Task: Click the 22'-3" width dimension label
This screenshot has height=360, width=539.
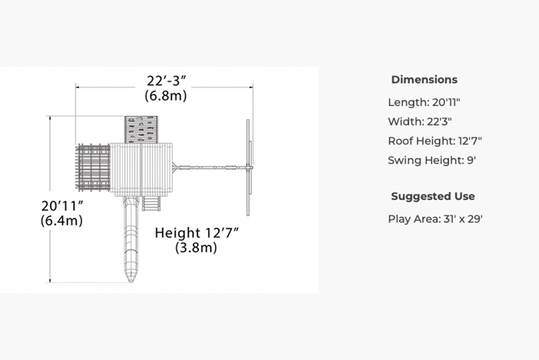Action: pos(167,81)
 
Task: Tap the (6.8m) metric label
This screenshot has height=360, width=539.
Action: pos(165,95)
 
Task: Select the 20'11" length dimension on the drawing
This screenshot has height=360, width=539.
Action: pos(62,206)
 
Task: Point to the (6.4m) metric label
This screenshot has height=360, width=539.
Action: pos(61,220)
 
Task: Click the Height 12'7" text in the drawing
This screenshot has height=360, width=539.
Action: pos(197,233)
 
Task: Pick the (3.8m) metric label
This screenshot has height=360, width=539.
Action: pos(196,247)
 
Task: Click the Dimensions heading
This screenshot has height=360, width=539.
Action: pos(424,79)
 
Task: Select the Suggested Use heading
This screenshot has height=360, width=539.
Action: pos(433,196)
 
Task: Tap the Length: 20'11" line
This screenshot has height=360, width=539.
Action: pos(424,102)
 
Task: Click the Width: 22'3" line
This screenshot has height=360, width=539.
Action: pos(420,122)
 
